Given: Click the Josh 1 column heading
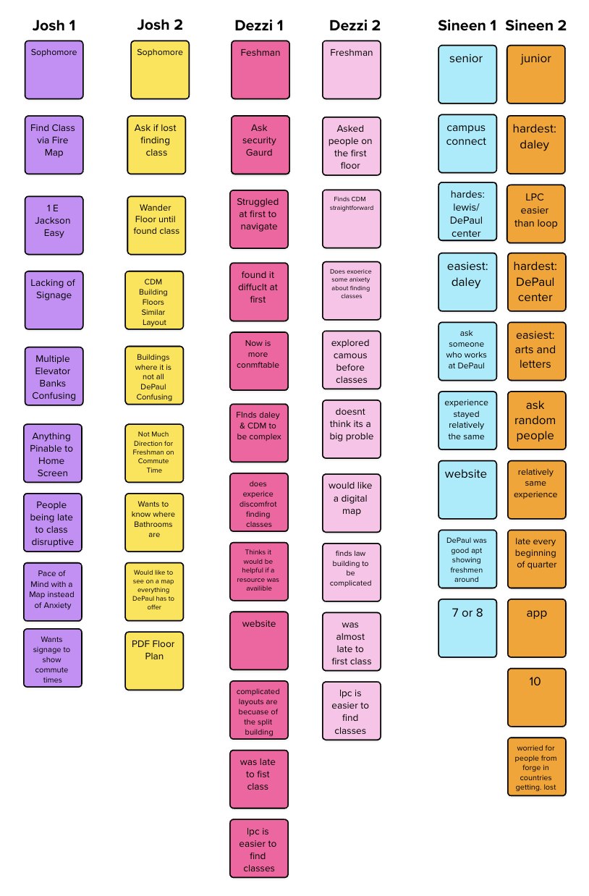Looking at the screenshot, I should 54,26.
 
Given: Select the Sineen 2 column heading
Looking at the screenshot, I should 535,26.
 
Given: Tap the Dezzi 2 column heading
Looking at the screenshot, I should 355,26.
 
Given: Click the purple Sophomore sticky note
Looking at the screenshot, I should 54,69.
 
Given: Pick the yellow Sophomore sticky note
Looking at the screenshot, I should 160,69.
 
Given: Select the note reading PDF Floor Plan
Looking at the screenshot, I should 154,660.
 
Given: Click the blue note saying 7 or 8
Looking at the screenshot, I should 467,627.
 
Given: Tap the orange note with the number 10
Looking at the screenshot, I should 536,697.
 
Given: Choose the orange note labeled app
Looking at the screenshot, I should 536,627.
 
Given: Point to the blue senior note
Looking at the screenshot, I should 467,74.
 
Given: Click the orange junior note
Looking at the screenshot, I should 536,74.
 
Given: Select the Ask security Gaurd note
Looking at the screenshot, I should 260,145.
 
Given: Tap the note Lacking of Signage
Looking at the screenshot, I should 54,300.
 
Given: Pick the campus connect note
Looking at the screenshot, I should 467,143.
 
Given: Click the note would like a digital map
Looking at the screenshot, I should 351,502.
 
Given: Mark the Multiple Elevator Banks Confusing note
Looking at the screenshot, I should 54,376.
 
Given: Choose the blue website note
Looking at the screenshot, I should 467,489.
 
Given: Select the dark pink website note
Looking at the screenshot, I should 259,641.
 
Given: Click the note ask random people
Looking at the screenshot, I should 536,420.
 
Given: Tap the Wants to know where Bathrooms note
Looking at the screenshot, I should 154,522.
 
